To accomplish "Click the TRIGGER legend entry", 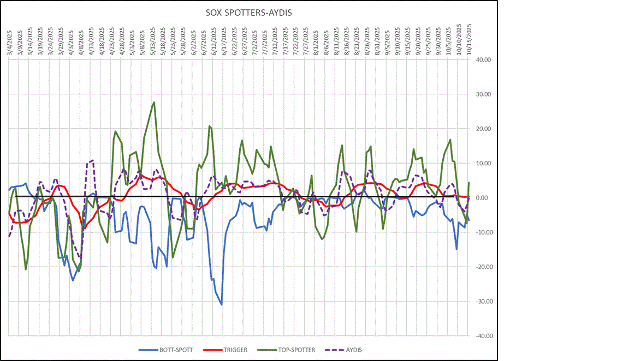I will (234, 350).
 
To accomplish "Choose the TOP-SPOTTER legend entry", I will (295, 350).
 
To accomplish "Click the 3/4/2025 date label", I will (9, 41).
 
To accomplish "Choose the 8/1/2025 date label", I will (316, 41).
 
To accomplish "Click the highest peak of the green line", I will (155, 102).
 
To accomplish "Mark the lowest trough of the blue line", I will (221, 304).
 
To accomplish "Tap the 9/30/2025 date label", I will (438, 40).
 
